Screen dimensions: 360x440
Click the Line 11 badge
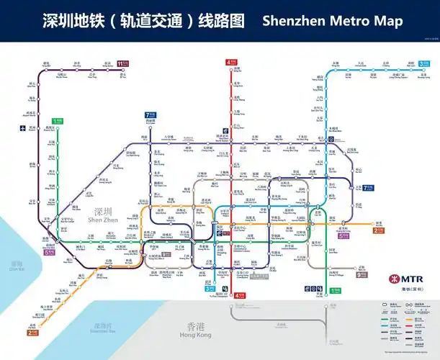pos(124,63)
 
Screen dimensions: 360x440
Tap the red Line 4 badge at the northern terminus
pos(230,63)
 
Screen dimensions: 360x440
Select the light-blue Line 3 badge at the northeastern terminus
pos(425,63)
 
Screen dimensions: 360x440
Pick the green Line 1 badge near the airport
pos(58,122)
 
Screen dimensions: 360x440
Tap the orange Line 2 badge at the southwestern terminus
pos(32,333)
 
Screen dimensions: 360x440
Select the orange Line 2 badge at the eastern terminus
pos(378,230)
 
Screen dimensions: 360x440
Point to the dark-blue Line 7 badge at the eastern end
pos(369,188)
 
